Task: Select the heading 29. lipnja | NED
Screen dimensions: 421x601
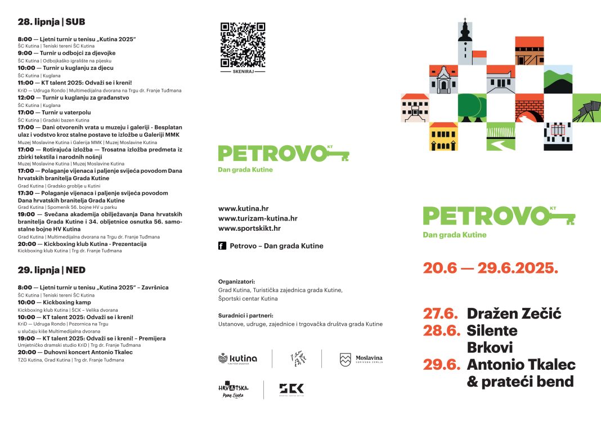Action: tap(51, 270)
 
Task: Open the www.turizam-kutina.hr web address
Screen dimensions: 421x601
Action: tap(258, 218)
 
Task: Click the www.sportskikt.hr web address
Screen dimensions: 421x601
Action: tap(249, 228)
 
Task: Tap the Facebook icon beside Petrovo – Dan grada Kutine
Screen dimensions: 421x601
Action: tap(222, 246)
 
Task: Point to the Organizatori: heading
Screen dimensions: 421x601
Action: tap(236, 281)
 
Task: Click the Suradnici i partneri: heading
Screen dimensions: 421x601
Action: tap(245, 315)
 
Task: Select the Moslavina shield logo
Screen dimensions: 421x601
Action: tap(345, 360)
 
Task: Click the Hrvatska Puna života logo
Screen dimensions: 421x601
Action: tap(233, 390)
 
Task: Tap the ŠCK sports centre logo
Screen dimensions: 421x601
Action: tap(291, 389)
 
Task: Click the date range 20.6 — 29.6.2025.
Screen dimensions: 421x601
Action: tap(490, 268)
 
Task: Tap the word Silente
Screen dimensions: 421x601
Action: tap(492, 330)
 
